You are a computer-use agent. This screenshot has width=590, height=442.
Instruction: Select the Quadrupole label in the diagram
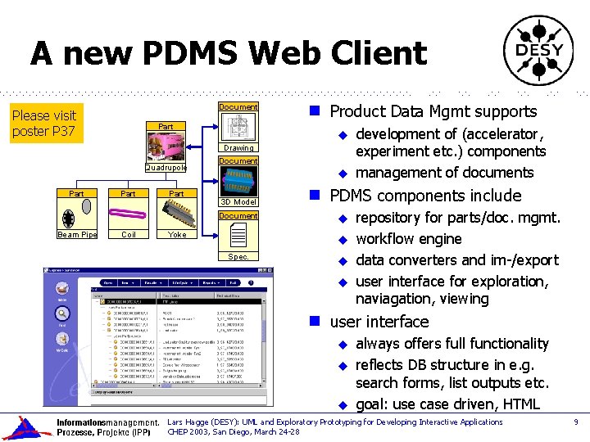pyautogui.click(x=166, y=167)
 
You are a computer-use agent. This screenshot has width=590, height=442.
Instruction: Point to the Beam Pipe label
pyautogui.click(x=78, y=235)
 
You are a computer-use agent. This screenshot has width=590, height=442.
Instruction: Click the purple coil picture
pyautogui.click(x=129, y=215)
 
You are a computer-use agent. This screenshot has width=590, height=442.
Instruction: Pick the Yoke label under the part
pyautogui.click(x=176, y=235)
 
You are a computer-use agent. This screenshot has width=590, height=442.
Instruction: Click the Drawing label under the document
pyautogui.click(x=238, y=148)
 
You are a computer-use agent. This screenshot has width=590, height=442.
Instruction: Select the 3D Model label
pyautogui.click(x=238, y=201)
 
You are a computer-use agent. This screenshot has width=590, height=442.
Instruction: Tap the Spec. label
pyautogui.click(x=238, y=256)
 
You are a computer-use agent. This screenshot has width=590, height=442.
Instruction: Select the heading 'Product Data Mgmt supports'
pyautogui.click(x=433, y=112)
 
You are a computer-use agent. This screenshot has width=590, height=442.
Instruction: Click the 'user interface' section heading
pyautogui.click(x=379, y=322)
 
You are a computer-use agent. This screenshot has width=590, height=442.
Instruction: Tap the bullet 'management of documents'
pyautogui.click(x=444, y=173)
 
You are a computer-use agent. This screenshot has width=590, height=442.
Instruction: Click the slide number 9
pyautogui.click(x=576, y=422)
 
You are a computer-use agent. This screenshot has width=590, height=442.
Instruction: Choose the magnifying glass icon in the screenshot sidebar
pyautogui.click(x=61, y=313)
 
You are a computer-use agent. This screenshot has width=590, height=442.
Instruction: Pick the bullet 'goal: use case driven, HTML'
pyautogui.click(x=447, y=404)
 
